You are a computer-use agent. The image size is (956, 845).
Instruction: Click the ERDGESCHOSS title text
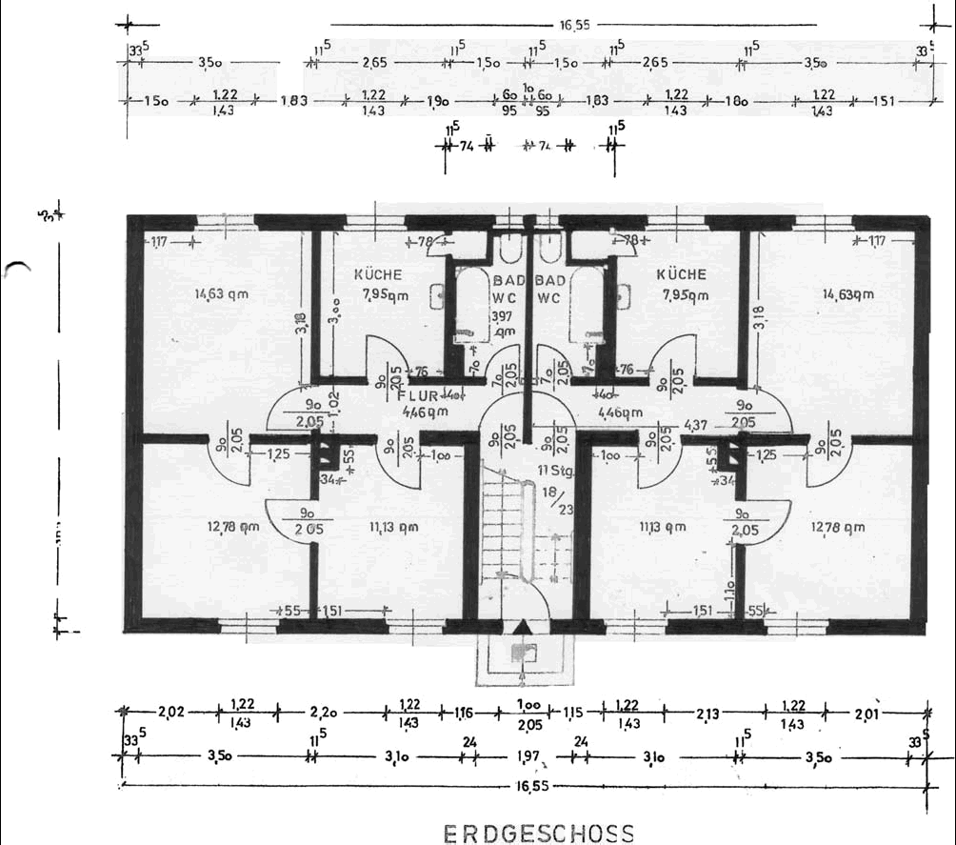(x=539, y=834)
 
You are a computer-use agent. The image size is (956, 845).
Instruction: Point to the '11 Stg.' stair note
(x=554, y=471)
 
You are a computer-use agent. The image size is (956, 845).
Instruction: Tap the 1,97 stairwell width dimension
(x=529, y=757)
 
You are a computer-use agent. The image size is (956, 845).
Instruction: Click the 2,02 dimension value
(x=171, y=711)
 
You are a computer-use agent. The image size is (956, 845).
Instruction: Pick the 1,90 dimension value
(x=439, y=100)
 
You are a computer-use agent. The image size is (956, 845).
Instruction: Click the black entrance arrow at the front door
(x=519, y=627)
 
